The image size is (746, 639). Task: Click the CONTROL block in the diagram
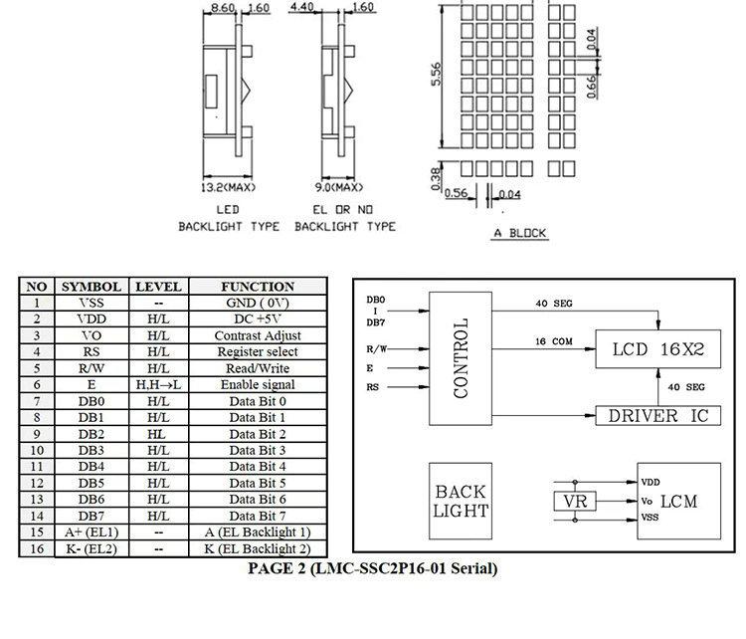[x=461, y=358]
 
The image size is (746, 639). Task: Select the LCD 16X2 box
[x=658, y=349]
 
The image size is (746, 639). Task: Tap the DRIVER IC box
[x=658, y=416]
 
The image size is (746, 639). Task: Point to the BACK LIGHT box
[x=461, y=501]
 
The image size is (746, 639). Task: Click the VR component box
[x=575, y=502]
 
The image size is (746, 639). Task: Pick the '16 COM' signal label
[x=554, y=341]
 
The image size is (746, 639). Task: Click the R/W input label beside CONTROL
[x=376, y=349]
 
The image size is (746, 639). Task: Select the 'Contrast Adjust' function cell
[x=258, y=335]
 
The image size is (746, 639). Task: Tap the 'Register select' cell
[x=258, y=352]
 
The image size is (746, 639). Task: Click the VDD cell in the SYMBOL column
[x=92, y=319]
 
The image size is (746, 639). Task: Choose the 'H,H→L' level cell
[x=159, y=385]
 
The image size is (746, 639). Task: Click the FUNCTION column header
[x=258, y=287]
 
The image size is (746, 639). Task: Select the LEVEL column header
[x=159, y=287]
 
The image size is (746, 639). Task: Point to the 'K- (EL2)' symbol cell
[x=92, y=549]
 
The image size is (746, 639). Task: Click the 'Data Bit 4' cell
[x=258, y=467]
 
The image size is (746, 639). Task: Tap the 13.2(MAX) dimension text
[x=228, y=187]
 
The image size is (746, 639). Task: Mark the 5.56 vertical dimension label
[x=436, y=75]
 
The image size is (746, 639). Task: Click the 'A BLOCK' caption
[x=519, y=233]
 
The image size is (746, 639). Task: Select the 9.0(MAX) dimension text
[x=339, y=187]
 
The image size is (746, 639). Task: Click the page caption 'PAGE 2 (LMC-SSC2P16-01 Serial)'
[x=373, y=568]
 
